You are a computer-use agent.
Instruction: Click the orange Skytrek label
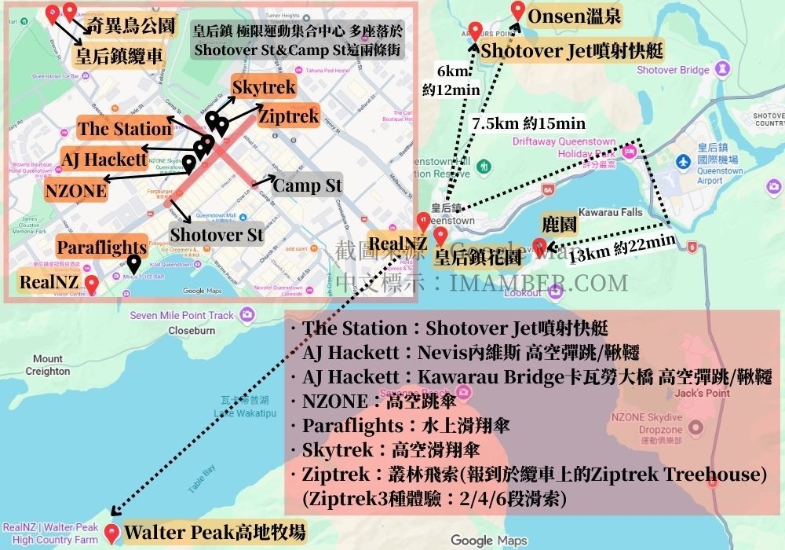[x=264, y=86]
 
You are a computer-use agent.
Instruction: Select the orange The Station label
[x=124, y=129]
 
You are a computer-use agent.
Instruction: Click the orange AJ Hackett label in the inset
[x=104, y=159]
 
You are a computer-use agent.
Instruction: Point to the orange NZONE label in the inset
[x=75, y=190]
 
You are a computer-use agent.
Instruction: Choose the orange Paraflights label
[x=101, y=247]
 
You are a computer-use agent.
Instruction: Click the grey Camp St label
[x=308, y=185]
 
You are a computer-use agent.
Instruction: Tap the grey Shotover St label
[x=217, y=233]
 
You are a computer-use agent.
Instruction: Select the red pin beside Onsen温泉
[x=517, y=10]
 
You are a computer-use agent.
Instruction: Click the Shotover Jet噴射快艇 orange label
[x=572, y=52]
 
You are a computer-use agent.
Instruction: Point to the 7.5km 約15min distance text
[x=528, y=123]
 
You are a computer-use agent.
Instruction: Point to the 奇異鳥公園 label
[x=130, y=25]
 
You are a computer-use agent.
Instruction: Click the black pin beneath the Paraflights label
[x=134, y=265]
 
